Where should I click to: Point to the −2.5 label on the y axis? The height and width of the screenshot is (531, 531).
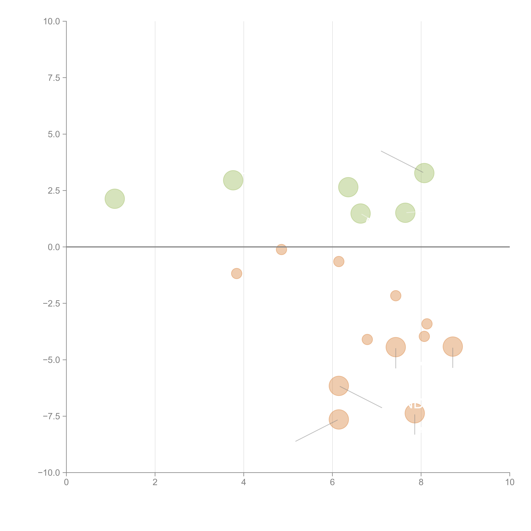51,303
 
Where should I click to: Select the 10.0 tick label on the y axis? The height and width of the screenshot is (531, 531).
52,21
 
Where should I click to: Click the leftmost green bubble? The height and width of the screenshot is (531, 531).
115,199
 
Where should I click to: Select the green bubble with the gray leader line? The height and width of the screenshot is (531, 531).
424,173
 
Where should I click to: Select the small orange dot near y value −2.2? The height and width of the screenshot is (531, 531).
395,296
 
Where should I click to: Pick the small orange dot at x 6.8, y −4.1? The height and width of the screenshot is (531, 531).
367,339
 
